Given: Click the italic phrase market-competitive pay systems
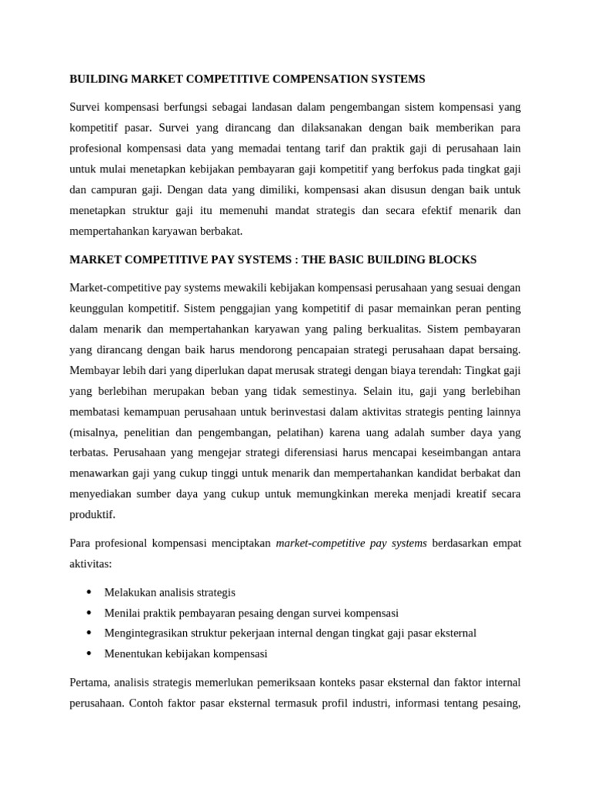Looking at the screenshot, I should tap(351, 543).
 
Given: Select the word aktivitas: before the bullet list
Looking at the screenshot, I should tap(91, 564).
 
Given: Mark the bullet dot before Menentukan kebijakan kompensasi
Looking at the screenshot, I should tap(89, 653).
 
